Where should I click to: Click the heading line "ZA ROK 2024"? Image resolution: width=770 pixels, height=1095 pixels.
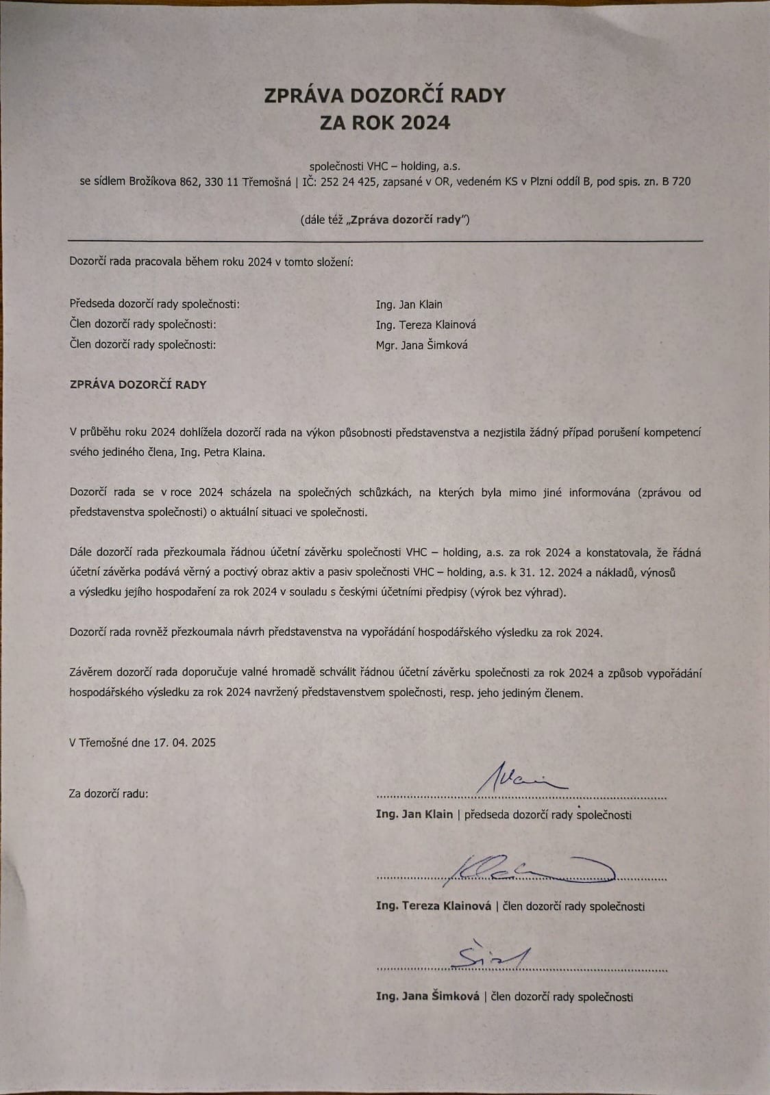(385, 123)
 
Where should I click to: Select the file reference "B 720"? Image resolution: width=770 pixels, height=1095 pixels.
(676, 181)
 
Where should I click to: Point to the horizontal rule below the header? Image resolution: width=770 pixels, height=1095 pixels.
(385, 241)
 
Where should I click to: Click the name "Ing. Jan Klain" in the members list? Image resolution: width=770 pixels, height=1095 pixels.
(409, 304)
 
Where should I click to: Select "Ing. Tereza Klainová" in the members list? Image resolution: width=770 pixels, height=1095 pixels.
(425, 324)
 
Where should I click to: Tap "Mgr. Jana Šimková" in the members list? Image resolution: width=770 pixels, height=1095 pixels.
(421, 345)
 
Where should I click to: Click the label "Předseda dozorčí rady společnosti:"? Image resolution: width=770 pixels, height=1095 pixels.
(155, 304)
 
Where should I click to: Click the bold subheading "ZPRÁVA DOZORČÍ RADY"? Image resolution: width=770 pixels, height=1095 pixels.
(138, 385)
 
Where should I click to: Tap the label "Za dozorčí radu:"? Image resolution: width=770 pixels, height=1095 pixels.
(109, 794)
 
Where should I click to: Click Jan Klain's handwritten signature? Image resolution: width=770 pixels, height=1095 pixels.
(521, 779)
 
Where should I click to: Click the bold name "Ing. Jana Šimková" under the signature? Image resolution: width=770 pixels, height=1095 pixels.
(427, 996)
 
